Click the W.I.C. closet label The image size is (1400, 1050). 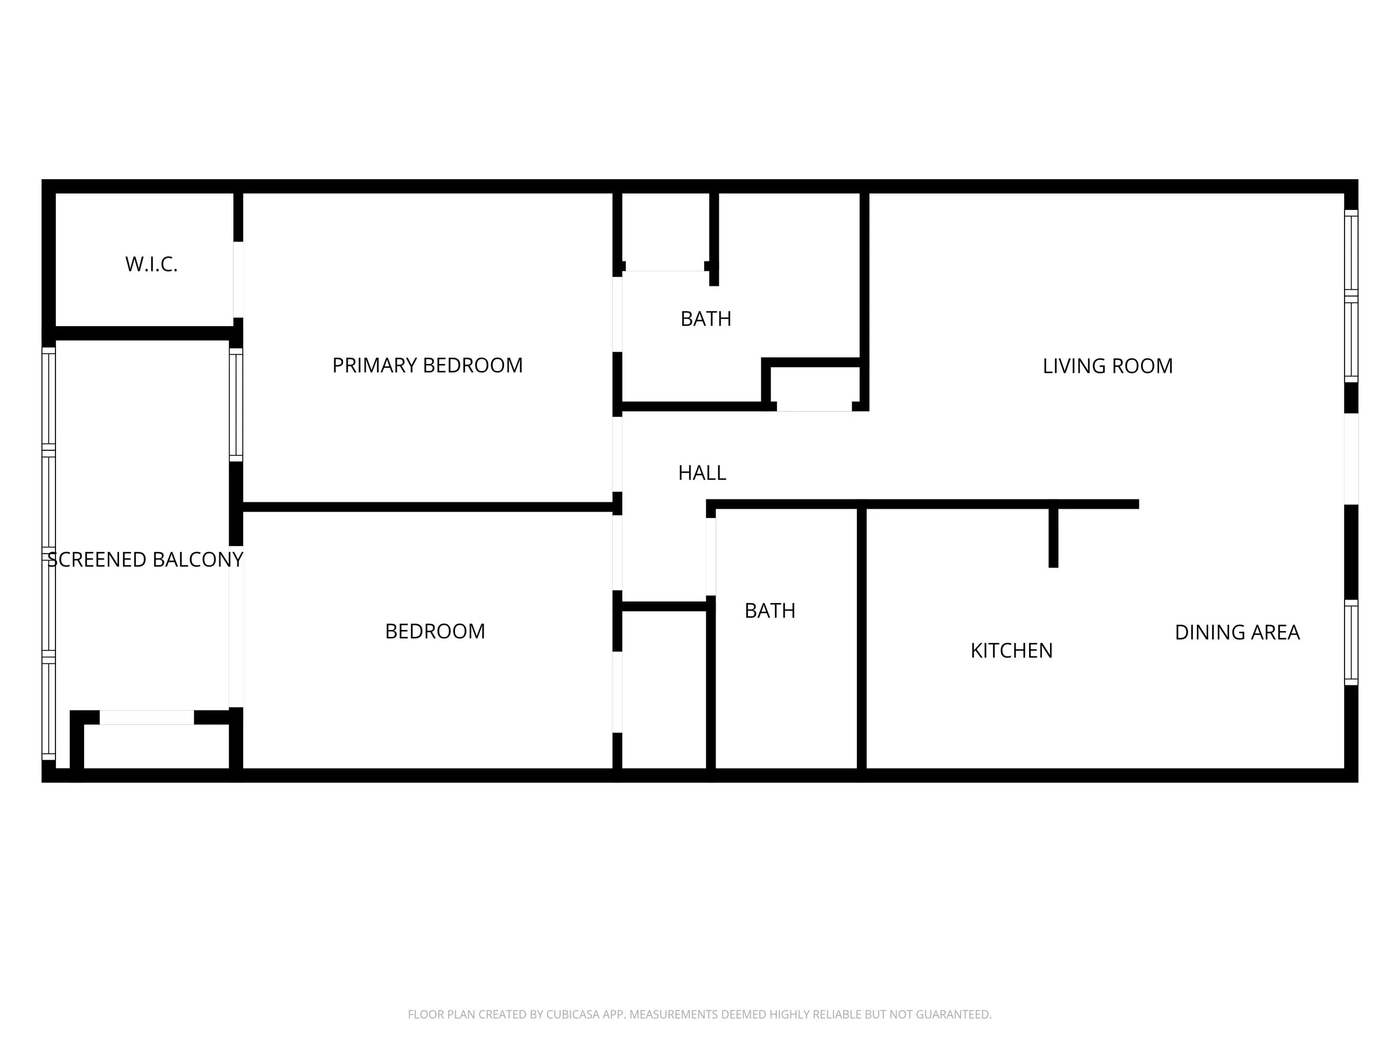click(151, 264)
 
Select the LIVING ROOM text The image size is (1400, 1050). click(1107, 366)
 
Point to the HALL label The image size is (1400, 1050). click(702, 473)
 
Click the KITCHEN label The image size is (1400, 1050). click(1011, 651)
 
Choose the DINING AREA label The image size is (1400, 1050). click(1237, 632)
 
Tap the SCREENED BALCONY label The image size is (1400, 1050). click(146, 560)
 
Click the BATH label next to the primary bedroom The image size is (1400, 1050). click(706, 318)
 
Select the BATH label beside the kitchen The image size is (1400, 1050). click(770, 611)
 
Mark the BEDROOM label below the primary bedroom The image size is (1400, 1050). click(435, 631)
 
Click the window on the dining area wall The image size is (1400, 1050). click(1351, 643)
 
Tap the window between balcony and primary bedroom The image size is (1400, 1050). click(236, 405)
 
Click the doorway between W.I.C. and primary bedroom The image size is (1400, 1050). click(238, 280)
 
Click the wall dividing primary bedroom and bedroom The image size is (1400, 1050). click(428, 507)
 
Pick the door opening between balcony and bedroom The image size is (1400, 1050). click(236, 627)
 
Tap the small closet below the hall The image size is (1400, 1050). click(664, 690)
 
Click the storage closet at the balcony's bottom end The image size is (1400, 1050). click(156, 747)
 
